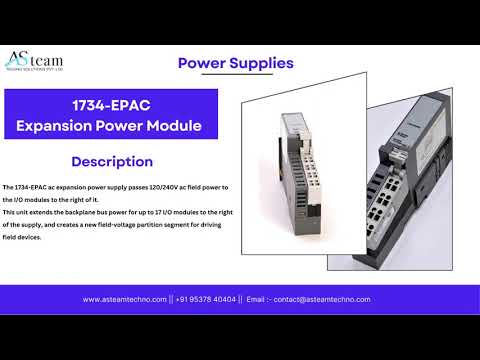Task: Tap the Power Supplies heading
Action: pyautogui.click(x=235, y=63)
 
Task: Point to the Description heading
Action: pyautogui.click(x=112, y=162)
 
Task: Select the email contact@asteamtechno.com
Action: pyautogui.click(x=322, y=299)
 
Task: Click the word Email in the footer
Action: pyautogui.click(x=256, y=299)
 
